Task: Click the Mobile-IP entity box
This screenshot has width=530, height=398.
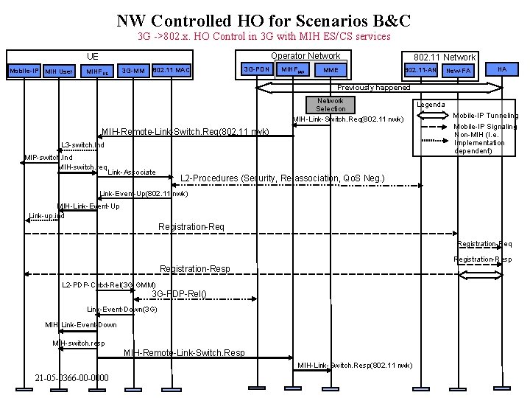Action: click(23, 71)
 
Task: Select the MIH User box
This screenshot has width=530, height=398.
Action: click(59, 71)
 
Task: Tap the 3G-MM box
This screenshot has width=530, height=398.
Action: click(133, 71)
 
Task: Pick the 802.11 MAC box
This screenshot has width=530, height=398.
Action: click(172, 70)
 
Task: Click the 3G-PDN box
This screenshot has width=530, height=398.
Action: click(257, 70)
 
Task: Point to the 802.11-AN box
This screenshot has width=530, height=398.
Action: click(422, 70)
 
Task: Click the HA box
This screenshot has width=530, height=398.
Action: click(502, 69)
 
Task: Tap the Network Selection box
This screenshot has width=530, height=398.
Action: click(331, 105)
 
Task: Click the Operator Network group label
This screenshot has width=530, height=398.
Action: click(305, 56)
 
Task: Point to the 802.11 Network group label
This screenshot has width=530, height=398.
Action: click(445, 57)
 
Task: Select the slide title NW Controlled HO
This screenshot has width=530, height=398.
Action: click(264, 20)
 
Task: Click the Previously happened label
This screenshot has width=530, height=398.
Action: click(373, 88)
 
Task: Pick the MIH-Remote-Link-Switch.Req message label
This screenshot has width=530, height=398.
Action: click(185, 132)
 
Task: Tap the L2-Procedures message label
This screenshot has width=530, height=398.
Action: click(282, 178)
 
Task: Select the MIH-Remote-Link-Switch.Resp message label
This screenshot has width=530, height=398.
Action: click(184, 353)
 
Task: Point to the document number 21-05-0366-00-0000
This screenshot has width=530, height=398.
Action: click(71, 378)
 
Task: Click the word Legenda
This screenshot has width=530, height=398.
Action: click(431, 105)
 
